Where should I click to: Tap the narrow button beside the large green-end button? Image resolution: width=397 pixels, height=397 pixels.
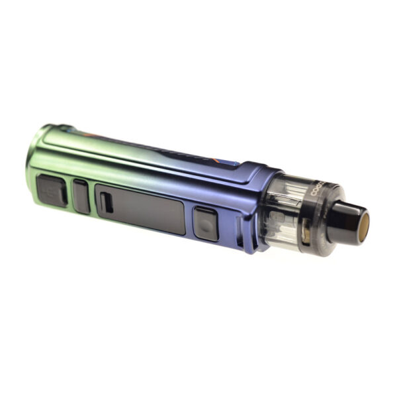click(81, 196)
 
